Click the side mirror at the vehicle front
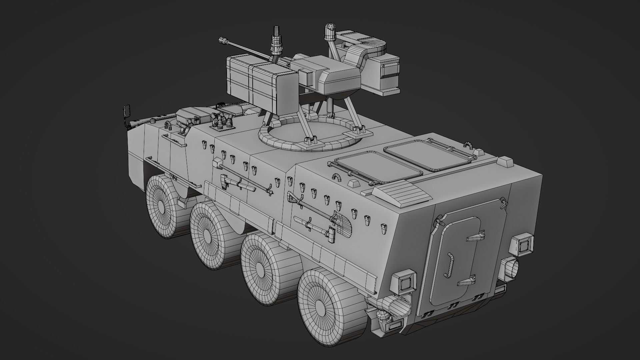point(127,111)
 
